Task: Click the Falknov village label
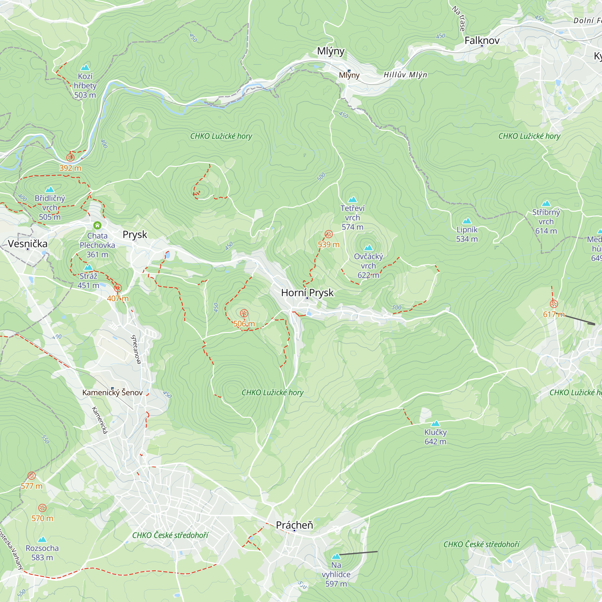point(482,41)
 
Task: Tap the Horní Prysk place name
point(307,293)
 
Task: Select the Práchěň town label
point(294,525)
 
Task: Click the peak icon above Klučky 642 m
point(435,423)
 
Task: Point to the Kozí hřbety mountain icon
point(85,67)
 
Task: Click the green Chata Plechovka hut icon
point(97,225)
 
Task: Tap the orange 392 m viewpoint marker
point(70,157)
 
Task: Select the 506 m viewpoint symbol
point(244,313)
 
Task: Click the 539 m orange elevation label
point(328,245)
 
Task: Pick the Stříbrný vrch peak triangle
point(546,203)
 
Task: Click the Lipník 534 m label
point(467,234)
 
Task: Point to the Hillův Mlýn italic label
point(405,75)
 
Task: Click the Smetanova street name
point(136,349)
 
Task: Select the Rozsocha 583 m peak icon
point(42,539)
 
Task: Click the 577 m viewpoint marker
point(32,476)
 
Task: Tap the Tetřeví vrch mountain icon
point(352,200)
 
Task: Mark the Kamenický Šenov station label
point(112,393)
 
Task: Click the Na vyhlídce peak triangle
point(336,557)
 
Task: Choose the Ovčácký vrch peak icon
point(368,248)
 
